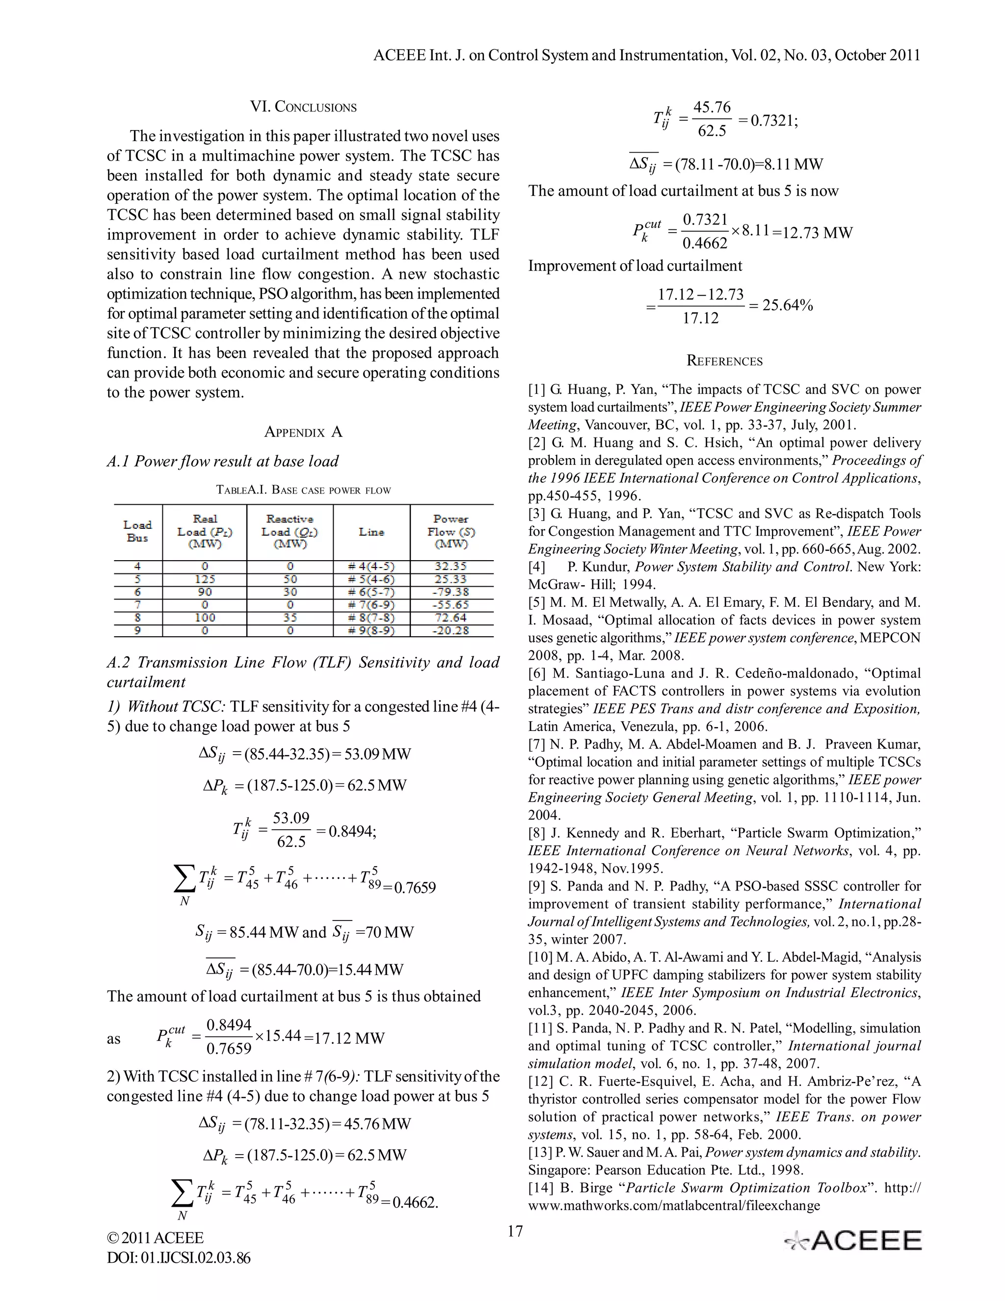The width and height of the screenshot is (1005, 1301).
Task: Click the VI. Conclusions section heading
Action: (x=303, y=107)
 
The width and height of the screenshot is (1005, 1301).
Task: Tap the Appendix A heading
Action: (x=303, y=432)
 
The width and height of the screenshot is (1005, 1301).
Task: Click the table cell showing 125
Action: (x=204, y=579)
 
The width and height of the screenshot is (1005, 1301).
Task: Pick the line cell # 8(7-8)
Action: (x=371, y=618)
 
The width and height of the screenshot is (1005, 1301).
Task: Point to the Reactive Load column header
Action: (x=290, y=531)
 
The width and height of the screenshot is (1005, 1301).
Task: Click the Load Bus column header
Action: (x=137, y=531)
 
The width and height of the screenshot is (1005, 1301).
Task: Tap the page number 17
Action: (x=515, y=1231)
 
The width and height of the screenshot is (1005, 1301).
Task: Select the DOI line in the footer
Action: (x=179, y=1257)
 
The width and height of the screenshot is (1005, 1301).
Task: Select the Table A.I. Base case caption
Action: (x=303, y=490)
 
